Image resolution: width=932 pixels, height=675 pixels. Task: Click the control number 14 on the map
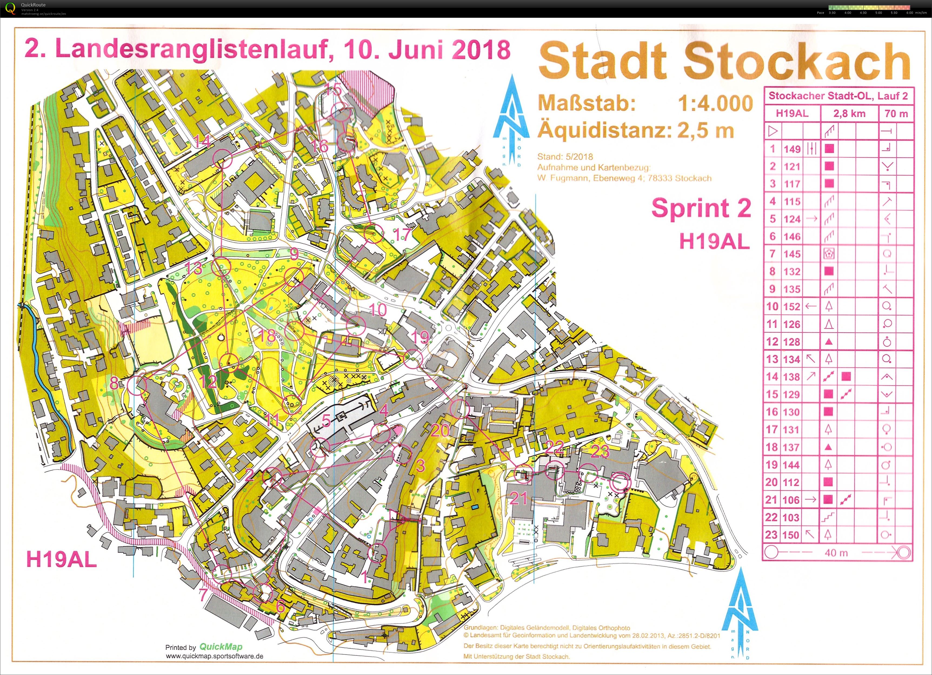tap(202, 141)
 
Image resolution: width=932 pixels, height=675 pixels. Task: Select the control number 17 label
tap(402, 234)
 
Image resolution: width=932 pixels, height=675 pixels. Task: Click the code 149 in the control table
tap(792, 149)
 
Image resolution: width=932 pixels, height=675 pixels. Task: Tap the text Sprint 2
tap(701, 208)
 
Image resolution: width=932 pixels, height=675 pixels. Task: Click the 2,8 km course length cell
tap(849, 114)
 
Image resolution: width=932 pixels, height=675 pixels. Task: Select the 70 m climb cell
tap(896, 114)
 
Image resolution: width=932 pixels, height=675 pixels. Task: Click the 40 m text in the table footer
tap(836, 553)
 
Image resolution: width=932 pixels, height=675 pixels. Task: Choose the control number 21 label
tap(518, 498)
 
